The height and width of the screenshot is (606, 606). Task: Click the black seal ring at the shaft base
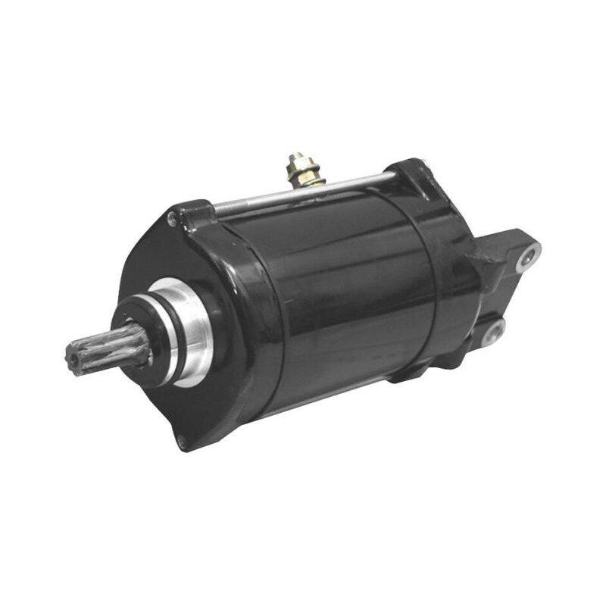click(x=140, y=342)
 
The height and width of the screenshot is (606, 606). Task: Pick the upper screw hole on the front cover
click(x=173, y=220)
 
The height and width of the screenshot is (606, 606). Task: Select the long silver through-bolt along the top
click(x=303, y=192)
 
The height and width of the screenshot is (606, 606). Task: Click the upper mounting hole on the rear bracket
click(x=529, y=258)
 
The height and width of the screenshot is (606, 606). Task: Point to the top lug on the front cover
click(x=189, y=212)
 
